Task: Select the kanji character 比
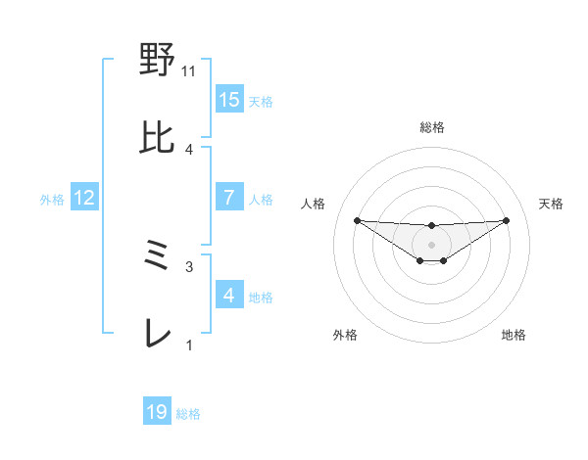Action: (x=158, y=139)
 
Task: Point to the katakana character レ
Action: (x=158, y=335)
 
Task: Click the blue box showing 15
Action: (x=229, y=99)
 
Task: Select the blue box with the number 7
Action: (x=229, y=197)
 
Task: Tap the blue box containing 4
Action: (x=229, y=295)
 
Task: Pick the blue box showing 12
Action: (x=84, y=198)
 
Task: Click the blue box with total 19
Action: (x=157, y=412)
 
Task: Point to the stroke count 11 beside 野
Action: (x=189, y=71)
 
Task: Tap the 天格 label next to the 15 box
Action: (x=261, y=101)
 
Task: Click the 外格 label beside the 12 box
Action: (x=52, y=199)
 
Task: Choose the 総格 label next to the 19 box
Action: (x=188, y=414)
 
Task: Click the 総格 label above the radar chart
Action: (x=431, y=127)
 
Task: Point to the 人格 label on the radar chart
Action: (x=314, y=204)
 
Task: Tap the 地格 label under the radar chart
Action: (x=514, y=335)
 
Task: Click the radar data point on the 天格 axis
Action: (x=507, y=220)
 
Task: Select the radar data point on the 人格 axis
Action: (x=357, y=220)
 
